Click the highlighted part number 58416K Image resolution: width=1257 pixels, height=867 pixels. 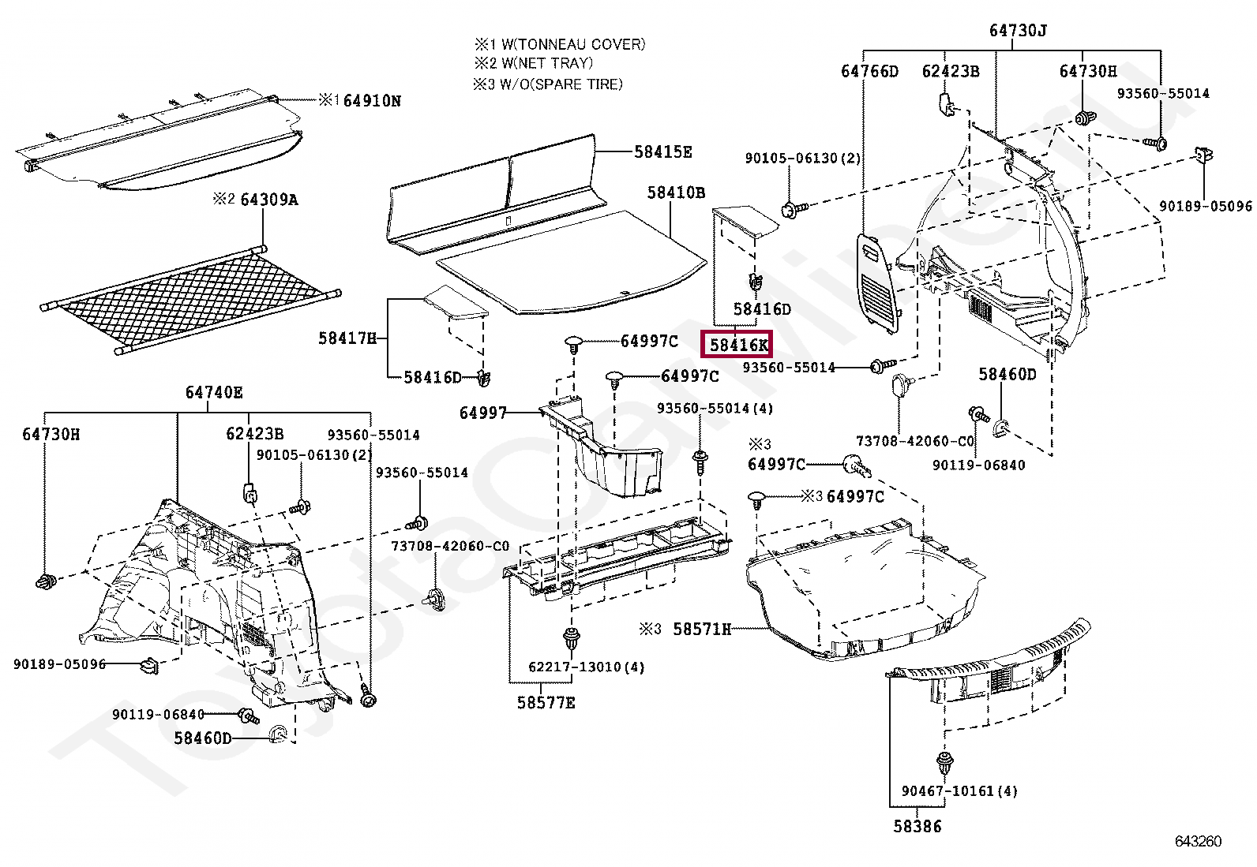tap(737, 345)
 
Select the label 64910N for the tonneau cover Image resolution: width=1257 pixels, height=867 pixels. tap(372, 101)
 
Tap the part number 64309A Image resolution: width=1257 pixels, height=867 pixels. tap(268, 200)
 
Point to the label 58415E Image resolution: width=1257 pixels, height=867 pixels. tap(662, 152)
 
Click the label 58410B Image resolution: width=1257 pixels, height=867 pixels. tap(676, 192)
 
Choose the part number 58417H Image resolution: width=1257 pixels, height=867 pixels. tap(347, 338)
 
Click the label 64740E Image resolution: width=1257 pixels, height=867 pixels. tap(214, 393)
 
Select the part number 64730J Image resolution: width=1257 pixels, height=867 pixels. tap(1018, 31)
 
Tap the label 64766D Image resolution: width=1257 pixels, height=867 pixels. tap(869, 72)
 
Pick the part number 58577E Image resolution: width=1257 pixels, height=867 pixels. tap(546, 702)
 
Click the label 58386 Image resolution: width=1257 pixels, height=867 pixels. tap(917, 826)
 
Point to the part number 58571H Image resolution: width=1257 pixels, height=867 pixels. tap(701, 629)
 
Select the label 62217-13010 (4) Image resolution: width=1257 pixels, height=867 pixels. tap(586, 667)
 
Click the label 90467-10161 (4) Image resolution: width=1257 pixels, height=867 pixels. tap(959, 790)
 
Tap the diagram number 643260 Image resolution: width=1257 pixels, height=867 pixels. tap(1198, 841)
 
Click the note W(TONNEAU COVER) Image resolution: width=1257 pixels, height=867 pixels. tap(572, 45)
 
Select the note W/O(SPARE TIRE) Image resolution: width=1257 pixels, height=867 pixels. tap(561, 84)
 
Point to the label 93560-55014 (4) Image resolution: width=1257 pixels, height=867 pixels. tap(715, 409)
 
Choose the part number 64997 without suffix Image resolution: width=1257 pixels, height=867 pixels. tap(482, 413)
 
